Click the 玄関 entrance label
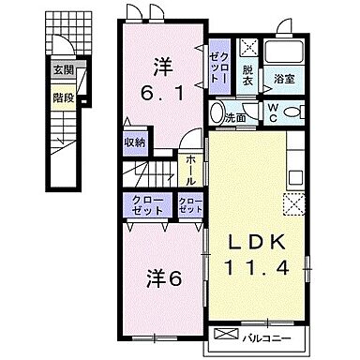click(62, 68)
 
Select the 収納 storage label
click(134, 142)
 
